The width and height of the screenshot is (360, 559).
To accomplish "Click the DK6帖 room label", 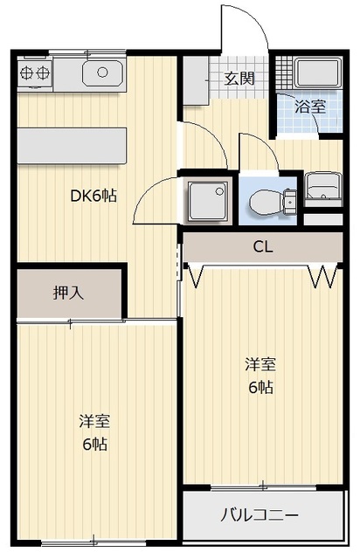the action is (93, 196).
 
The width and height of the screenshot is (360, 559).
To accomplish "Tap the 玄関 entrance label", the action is (239, 79).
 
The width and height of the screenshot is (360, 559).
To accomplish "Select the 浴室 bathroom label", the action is (310, 107).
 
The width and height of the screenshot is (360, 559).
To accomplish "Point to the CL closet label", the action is (263, 246).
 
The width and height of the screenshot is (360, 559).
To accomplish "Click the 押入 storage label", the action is (68, 293).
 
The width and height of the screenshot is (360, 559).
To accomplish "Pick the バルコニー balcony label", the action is (259, 515).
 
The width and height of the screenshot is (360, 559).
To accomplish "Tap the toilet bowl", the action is (267, 203).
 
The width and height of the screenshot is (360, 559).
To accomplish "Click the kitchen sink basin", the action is (103, 73).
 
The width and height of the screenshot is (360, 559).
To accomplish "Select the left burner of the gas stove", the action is (26, 73).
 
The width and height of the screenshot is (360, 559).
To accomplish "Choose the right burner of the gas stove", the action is (42, 73).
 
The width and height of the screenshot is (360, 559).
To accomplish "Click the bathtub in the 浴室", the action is (317, 72).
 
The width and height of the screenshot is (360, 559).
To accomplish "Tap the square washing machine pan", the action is (208, 201).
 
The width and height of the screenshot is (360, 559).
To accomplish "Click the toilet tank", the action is (290, 203).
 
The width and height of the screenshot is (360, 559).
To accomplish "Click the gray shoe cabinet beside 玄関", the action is (196, 80).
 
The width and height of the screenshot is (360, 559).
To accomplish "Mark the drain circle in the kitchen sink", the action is (103, 72).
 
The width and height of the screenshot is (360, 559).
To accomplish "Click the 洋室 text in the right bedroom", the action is (260, 364).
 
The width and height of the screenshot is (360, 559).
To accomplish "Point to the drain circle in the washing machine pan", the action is (220, 191).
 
